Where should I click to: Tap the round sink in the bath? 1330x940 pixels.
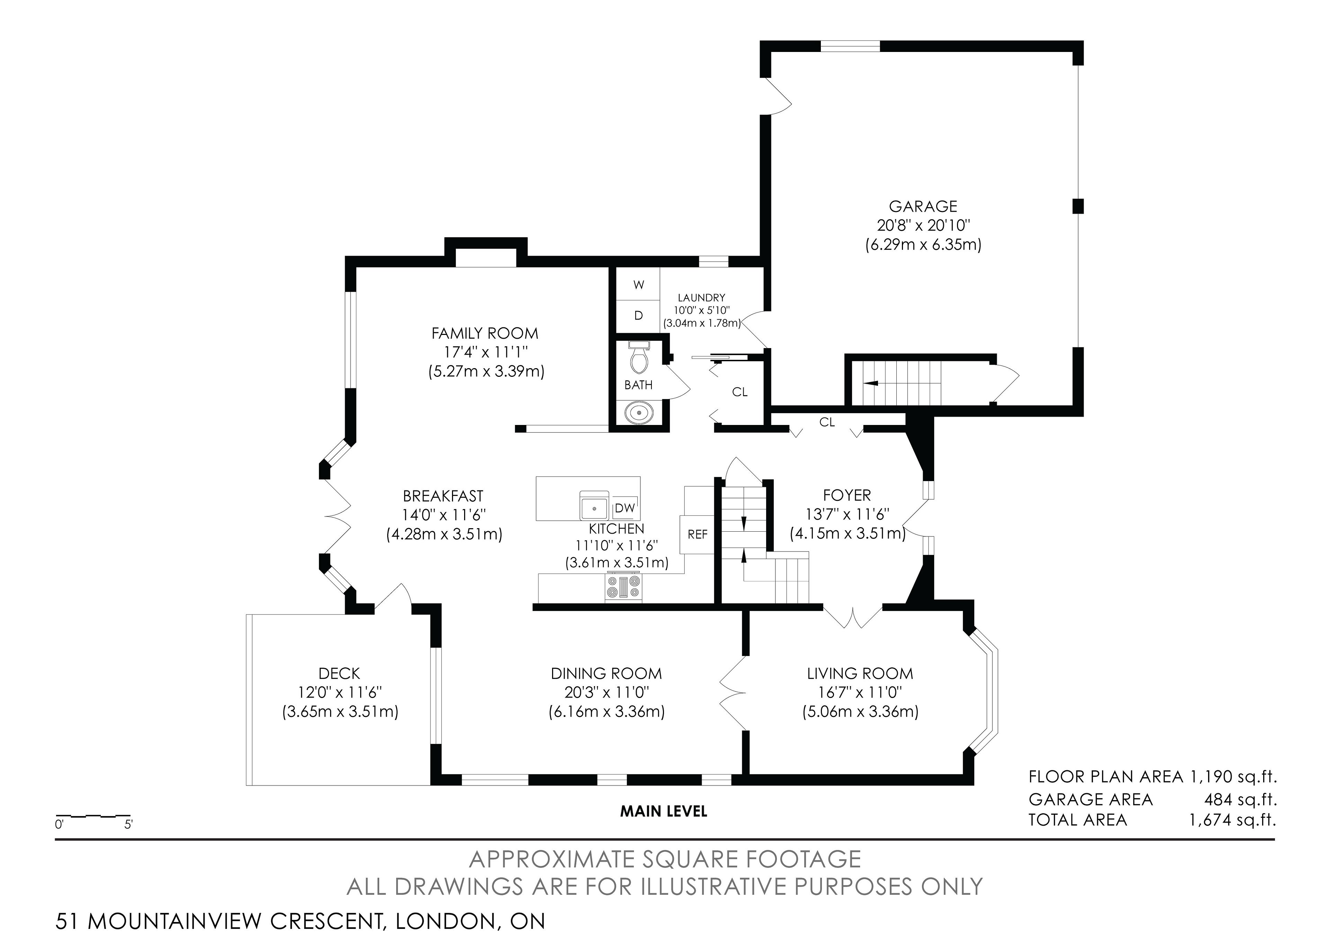(639, 413)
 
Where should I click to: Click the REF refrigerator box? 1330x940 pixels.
(698, 534)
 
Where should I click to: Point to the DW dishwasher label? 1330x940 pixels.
(624, 508)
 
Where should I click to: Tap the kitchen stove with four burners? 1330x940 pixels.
(623, 587)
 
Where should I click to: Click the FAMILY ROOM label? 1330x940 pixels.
(485, 334)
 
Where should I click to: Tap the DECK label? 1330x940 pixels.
(339, 674)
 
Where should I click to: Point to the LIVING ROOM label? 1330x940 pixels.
(860, 674)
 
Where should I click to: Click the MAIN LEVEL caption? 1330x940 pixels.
(664, 812)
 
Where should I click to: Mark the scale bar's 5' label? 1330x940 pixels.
(128, 825)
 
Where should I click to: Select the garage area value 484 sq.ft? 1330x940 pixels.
(1241, 800)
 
